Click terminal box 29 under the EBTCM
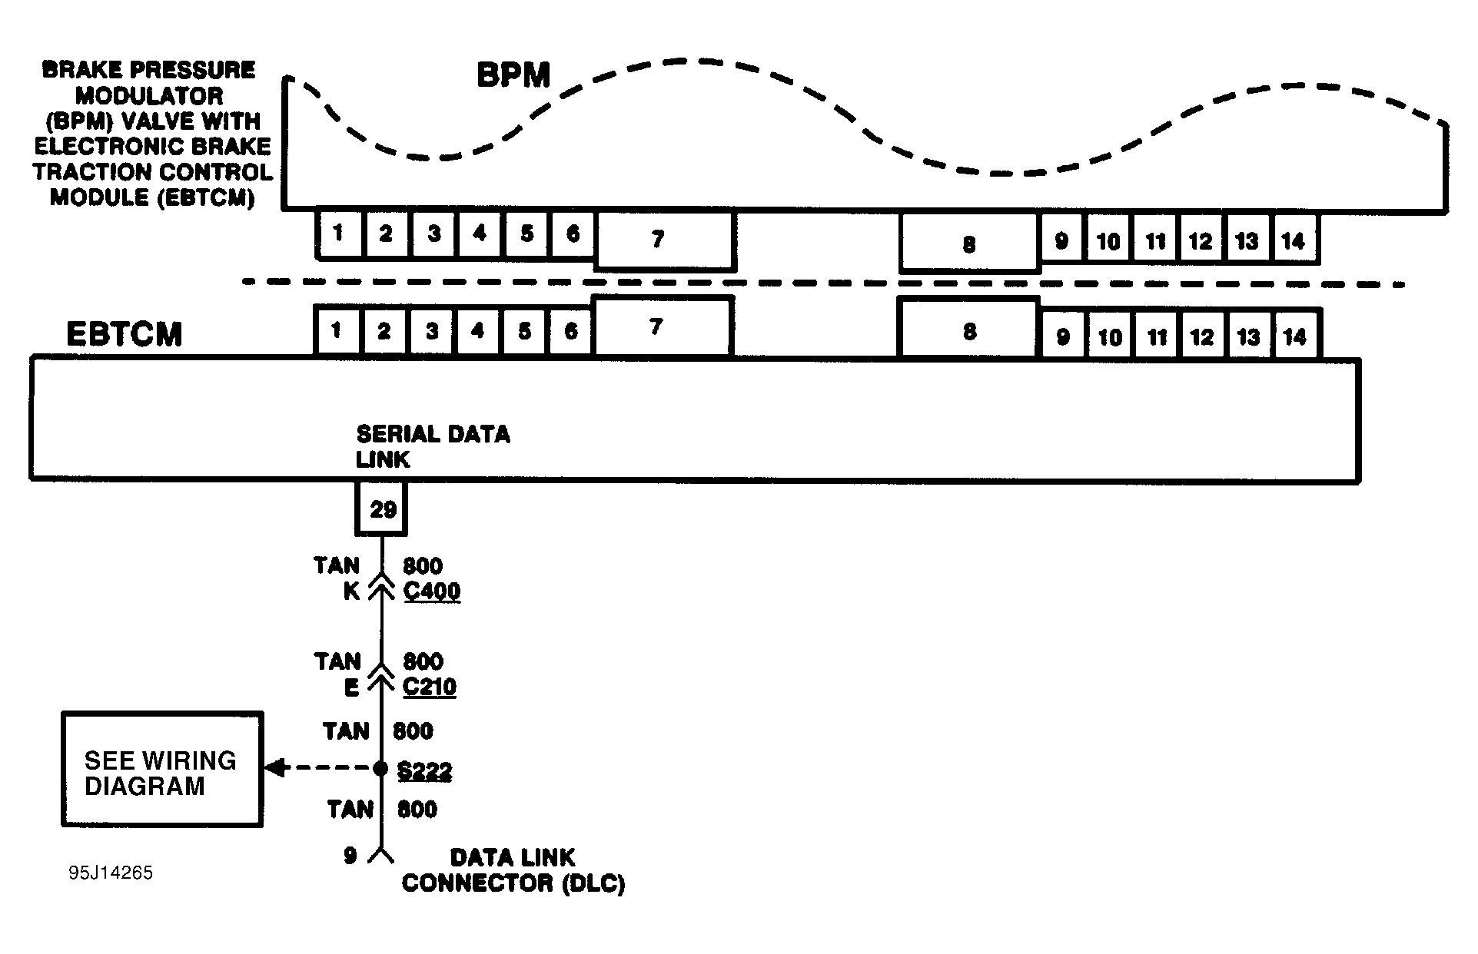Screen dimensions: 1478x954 tap(381, 508)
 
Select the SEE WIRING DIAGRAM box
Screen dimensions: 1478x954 tap(162, 769)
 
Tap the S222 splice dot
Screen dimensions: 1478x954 tap(380, 768)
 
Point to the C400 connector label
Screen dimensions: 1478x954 tap(432, 591)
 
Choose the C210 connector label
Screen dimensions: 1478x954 tap(430, 687)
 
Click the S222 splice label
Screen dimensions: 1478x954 tap(424, 771)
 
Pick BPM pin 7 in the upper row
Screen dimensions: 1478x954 tap(665, 240)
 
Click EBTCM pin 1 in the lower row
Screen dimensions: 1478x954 tap(337, 331)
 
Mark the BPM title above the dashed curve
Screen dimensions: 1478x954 tap(513, 76)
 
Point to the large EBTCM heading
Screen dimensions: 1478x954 tap(125, 335)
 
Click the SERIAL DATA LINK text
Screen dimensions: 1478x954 tap(433, 447)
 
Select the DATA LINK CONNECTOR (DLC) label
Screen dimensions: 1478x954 tap(513, 870)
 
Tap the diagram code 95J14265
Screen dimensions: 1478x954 tap(111, 873)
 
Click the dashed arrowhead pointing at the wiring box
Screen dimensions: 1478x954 tap(274, 767)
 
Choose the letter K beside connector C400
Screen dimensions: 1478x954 tap(351, 591)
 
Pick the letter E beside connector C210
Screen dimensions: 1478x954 tap(351, 687)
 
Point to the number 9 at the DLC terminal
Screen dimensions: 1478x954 tap(350, 856)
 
